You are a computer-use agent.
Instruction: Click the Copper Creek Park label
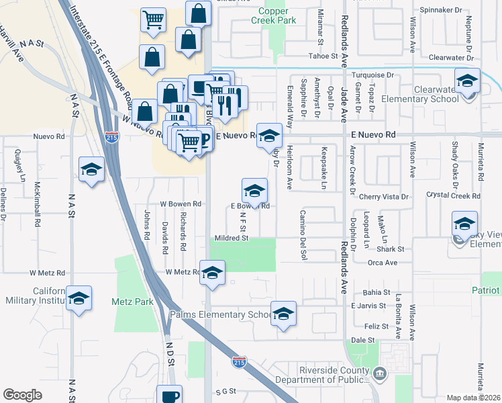pos(274,16)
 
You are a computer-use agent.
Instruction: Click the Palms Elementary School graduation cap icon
pos(283,314)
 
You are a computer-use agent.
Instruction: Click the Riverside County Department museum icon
pos(379,372)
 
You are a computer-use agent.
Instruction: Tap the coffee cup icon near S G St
pos(169,396)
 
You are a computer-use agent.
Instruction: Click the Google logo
pos(22,395)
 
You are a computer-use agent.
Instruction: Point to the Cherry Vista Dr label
pos(384,197)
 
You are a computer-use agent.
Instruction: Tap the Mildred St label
pos(232,238)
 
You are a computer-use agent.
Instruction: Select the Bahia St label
pos(376,292)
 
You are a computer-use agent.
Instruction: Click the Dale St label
pos(361,340)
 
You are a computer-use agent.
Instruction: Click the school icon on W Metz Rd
pos(212,273)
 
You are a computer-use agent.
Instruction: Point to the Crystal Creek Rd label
pos(454,196)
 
